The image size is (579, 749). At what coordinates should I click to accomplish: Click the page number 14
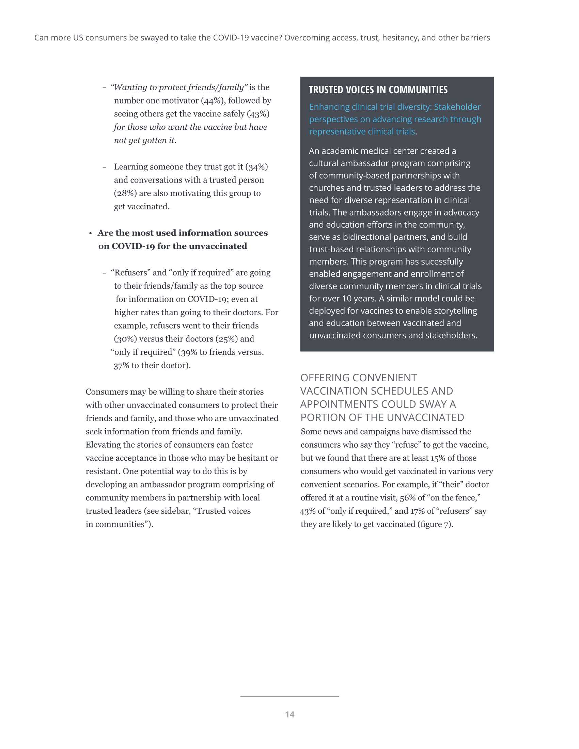[289, 714]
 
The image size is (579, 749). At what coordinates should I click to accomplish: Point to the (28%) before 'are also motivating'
[125, 193]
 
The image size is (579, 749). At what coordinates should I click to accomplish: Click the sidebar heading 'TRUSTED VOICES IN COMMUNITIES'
[378, 90]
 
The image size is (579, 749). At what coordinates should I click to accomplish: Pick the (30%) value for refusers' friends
[125, 339]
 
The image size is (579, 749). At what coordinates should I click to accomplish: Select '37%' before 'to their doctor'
[121, 366]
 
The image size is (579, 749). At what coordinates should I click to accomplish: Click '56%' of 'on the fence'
[407, 498]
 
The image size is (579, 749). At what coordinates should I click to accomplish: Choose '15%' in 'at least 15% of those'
[438, 458]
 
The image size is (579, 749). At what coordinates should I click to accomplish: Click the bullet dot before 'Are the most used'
[91, 234]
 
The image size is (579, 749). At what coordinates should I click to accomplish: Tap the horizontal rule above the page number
[289, 697]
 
